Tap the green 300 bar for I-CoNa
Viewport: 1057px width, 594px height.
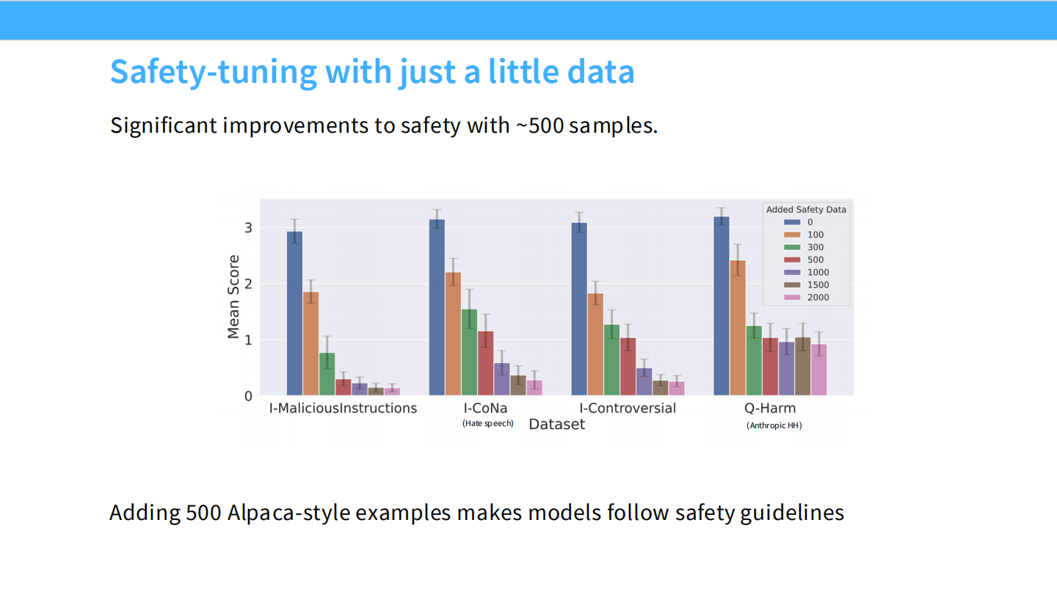click(469, 352)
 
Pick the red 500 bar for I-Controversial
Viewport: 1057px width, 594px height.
click(628, 367)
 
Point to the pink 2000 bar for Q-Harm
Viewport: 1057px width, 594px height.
click(818, 370)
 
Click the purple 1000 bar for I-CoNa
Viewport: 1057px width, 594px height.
click(501, 379)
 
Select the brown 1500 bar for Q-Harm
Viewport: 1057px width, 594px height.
click(802, 367)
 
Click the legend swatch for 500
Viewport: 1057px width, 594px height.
click(791, 260)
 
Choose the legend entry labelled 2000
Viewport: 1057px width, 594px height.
click(818, 297)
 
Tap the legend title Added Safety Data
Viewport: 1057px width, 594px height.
click(806, 210)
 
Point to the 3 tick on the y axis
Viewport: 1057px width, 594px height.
click(248, 228)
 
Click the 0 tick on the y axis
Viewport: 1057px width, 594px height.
click(248, 396)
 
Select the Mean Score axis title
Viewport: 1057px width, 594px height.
click(233, 297)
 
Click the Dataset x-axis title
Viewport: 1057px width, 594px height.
click(556, 425)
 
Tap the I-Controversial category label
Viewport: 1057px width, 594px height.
click(628, 408)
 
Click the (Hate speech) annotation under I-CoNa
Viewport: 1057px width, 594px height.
click(487, 423)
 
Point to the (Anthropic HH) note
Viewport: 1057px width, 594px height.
click(774, 425)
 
